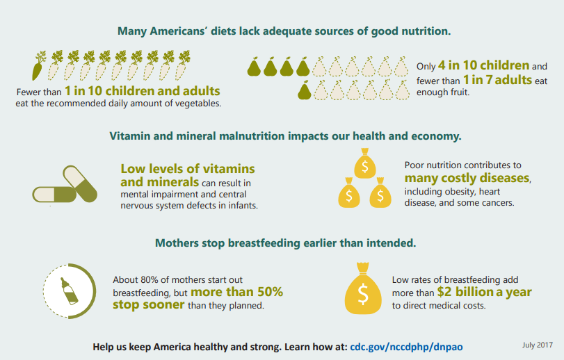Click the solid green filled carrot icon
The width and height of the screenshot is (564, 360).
38,67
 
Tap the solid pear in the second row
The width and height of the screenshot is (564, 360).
305,90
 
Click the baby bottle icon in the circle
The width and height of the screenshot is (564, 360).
69,291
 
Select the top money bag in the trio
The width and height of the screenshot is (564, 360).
364,163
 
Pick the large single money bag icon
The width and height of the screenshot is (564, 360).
363,288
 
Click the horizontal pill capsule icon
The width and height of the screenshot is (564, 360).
54,195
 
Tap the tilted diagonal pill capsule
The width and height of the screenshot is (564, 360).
80,183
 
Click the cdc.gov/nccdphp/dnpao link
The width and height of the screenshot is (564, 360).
406,347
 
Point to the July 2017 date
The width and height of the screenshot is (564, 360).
538,345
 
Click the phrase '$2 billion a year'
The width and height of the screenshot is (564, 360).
484,292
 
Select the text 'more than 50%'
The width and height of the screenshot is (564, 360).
236,292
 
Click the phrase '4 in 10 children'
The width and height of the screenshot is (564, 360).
483,65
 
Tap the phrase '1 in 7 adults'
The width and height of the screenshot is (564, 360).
497,79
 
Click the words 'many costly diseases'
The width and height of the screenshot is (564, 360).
467,178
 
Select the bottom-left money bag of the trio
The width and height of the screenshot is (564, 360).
349,193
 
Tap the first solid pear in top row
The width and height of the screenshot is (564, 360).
254,67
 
